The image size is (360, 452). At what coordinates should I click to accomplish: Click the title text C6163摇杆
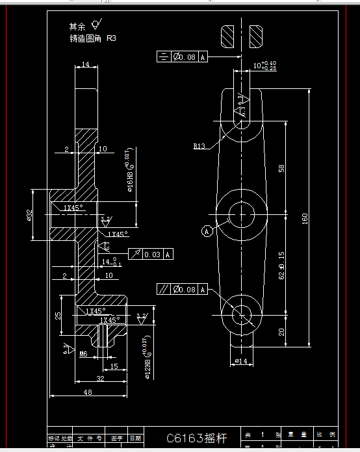[x=198, y=438]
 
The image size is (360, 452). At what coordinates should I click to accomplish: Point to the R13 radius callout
[x=199, y=147]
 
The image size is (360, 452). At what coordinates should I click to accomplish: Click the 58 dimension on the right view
[x=281, y=168]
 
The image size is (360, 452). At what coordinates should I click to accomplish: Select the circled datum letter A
[x=207, y=231]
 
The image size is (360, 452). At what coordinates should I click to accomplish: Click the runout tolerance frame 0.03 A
[x=151, y=255]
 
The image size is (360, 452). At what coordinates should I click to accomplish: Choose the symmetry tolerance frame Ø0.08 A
[x=182, y=58]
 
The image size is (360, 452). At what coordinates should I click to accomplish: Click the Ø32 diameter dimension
[x=30, y=215]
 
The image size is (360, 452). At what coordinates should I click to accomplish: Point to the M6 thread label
[x=83, y=354]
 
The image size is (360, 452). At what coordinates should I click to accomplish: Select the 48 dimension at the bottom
[x=87, y=392]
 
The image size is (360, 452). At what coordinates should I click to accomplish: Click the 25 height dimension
[x=58, y=315]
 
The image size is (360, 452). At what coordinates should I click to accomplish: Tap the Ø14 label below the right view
[x=240, y=360]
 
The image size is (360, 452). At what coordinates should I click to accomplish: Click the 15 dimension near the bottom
[x=114, y=367]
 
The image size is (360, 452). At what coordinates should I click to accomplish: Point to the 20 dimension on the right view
[x=281, y=331]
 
